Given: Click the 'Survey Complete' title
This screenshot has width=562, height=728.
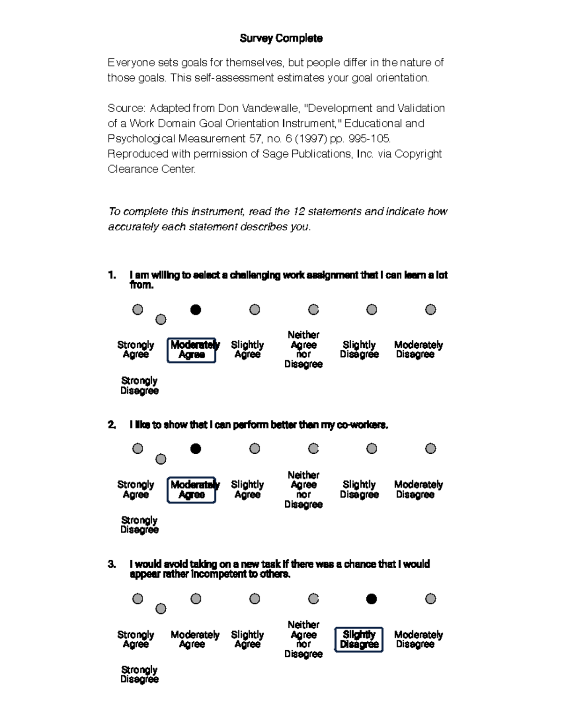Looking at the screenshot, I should coord(281,38).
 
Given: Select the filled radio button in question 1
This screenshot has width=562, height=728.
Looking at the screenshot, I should coord(196,309).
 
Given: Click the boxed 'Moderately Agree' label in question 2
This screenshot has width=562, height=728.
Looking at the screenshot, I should coord(192,490).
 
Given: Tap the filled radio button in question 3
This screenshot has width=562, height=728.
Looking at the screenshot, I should coord(371,599).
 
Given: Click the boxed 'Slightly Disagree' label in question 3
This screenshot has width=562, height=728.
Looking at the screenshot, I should coord(359,639).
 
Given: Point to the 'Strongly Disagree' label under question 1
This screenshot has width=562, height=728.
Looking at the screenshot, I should coord(139,385).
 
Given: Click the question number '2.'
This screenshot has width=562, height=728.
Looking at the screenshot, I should coord(111,425).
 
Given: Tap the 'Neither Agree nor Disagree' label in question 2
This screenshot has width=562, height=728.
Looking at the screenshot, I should coord(303,489).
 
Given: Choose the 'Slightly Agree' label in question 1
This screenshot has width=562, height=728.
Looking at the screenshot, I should coord(247,349).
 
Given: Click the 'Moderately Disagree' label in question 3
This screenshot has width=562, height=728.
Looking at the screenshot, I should coord(418,639).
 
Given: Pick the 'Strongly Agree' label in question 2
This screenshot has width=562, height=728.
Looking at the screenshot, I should coord(135,489).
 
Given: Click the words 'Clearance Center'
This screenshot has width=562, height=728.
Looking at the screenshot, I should coord(151,169).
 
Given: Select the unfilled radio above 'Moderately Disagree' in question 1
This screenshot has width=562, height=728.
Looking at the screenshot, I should coord(430,309).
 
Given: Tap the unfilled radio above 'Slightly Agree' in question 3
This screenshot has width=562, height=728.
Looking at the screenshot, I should coord(254,599).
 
